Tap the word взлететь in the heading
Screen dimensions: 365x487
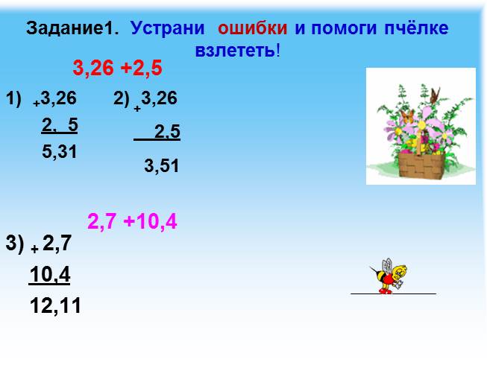click(233, 51)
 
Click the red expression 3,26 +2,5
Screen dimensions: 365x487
click(117, 69)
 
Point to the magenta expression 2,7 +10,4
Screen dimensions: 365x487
click(132, 221)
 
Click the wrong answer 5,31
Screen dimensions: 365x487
click(60, 151)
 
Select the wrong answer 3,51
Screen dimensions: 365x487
click(162, 166)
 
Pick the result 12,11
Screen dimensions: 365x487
click(55, 305)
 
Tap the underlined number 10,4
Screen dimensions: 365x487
click(50, 276)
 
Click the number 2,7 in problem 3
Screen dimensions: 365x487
click(57, 242)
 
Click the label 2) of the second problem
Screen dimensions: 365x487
click(122, 98)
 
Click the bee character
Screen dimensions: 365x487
click(390, 276)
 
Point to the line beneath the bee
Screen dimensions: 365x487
click(393, 294)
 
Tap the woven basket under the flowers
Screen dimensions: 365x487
click(420, 165)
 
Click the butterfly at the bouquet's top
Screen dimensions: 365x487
click(436, 94)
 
